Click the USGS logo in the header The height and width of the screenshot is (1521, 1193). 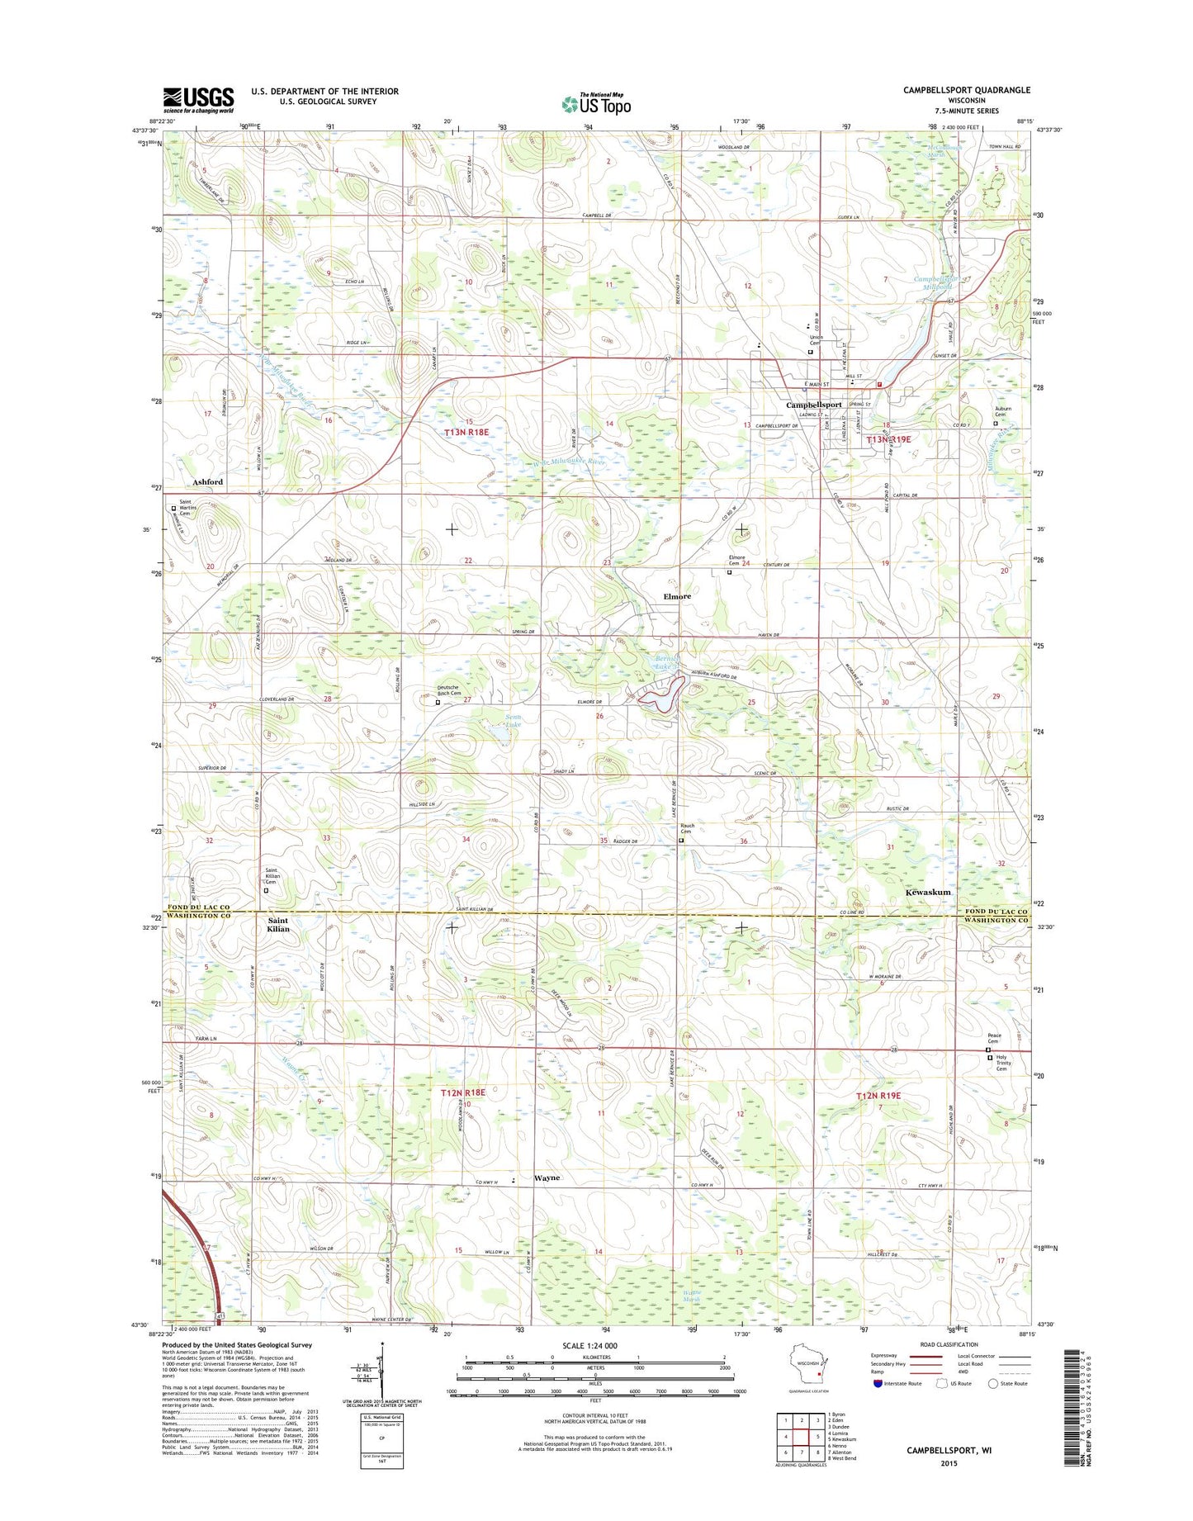point(198,101)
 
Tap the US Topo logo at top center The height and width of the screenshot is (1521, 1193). point(596,103)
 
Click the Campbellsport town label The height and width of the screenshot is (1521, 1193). point(813,405)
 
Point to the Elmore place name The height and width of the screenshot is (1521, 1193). point(675,596)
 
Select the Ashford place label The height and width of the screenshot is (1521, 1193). point(208,481)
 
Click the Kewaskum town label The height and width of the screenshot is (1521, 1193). point(928,893)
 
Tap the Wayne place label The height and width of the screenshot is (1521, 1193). point(547,1178)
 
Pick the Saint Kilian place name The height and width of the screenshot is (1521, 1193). point(278,924)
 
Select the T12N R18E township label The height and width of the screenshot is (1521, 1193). point(463,1092)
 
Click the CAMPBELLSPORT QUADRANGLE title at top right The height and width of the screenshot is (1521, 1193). point(966,90)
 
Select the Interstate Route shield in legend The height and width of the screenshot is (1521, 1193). point(878,1406)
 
